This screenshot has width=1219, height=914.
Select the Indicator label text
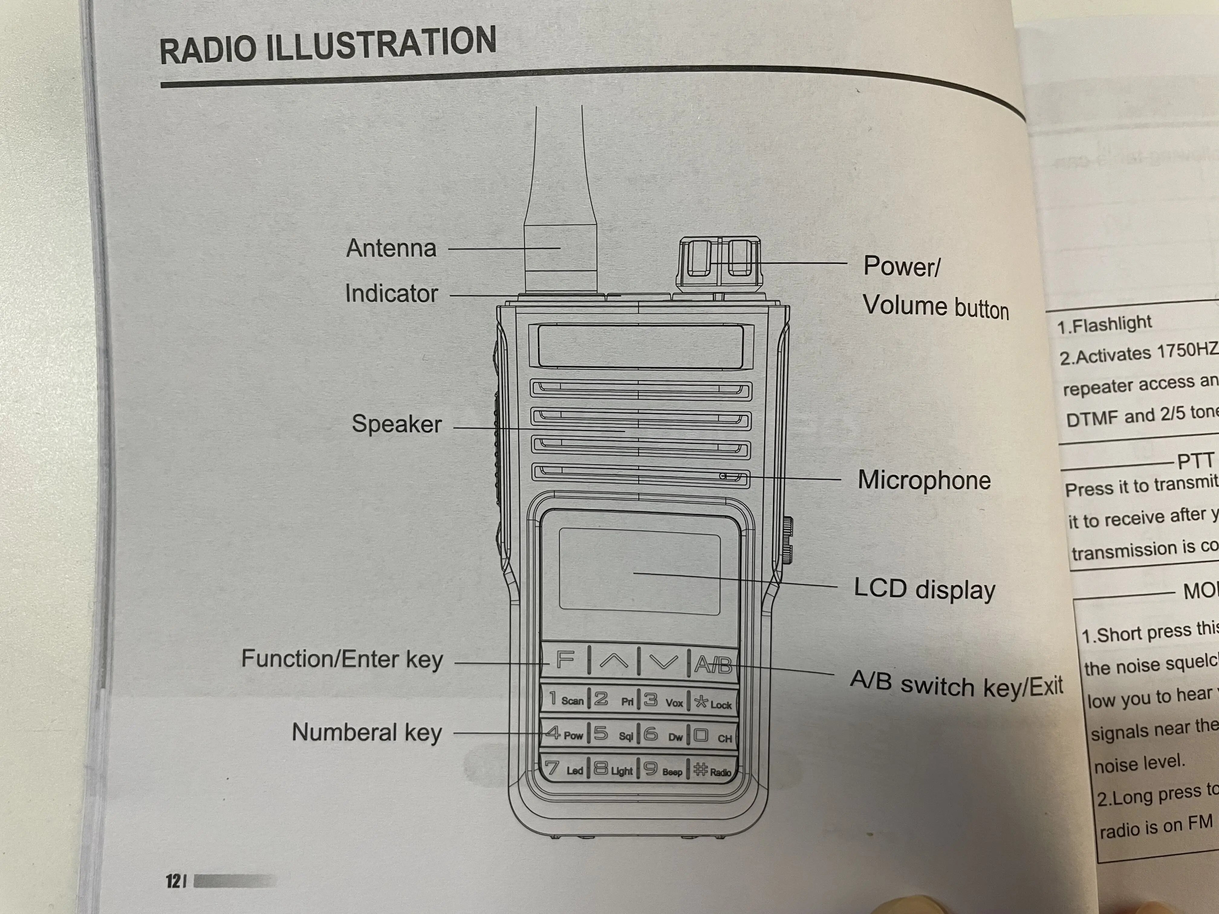391,294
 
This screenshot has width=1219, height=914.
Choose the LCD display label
924,589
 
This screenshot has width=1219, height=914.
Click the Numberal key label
366,733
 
